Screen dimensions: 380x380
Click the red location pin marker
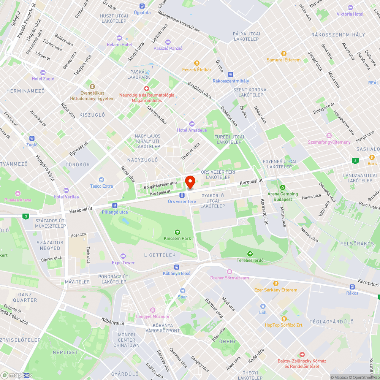(190, 182)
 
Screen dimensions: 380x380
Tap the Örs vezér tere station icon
(182, 195)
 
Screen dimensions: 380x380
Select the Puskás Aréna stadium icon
(17, 193)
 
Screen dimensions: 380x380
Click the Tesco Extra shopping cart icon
(101, 180)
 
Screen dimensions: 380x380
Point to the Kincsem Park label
(177, 238)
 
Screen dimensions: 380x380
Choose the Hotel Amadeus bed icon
(192, 124)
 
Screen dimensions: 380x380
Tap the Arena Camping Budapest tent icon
(282, 187)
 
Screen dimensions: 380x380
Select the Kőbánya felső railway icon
(176, 267)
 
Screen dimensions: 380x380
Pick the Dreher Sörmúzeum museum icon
(229, 272)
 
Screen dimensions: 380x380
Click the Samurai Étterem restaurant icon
(283, 54)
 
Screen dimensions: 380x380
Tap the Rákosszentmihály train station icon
(230, 74)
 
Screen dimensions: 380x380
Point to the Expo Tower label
(123, 263)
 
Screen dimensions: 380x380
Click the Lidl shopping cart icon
(263, 306)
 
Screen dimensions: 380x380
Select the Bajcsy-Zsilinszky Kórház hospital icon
(302, 354)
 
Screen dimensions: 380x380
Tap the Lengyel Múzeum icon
(153, 310)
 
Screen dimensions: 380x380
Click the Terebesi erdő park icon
(250, 254)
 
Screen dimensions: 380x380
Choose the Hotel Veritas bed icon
(66, 190)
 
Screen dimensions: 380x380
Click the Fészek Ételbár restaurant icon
(196, 63)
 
